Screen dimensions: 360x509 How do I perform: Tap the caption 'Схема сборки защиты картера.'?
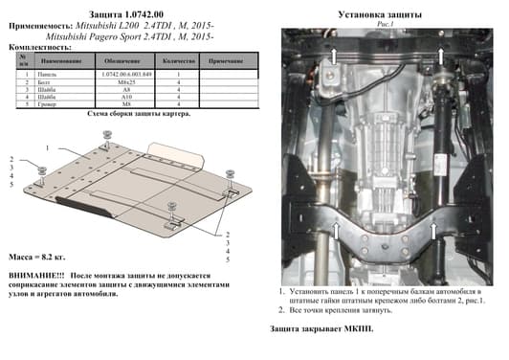pos(124,114)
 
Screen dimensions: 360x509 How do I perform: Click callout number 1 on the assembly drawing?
pos(45,148)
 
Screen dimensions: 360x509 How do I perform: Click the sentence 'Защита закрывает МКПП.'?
pos(321,328)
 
